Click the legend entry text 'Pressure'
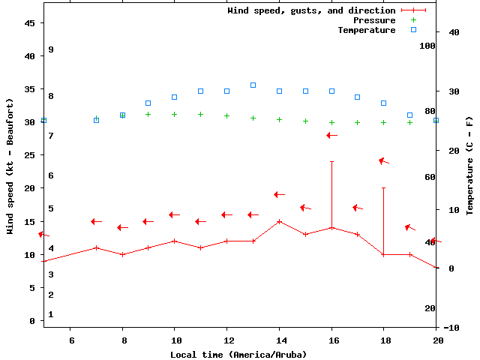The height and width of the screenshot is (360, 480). coord(373,20)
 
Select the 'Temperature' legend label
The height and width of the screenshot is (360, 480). coord(366,30)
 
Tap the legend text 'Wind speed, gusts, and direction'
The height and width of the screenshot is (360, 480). coord(311,10)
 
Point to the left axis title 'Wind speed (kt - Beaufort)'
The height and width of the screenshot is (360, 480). coord(10,166)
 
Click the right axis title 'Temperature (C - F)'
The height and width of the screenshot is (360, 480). coord(469,166)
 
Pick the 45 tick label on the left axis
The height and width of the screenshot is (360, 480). coord(30,23)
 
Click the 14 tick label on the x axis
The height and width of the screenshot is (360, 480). coord(279,340)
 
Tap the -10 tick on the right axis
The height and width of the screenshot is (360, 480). coord(451,328)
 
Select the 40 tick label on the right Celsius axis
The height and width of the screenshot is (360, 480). coord(454,32)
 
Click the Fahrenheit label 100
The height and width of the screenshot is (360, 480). coord(427,46)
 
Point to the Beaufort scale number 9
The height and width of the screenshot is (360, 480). coord(51,49)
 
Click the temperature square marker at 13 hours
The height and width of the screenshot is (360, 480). coord(253,85)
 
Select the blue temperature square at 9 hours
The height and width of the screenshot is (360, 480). coord(148,103)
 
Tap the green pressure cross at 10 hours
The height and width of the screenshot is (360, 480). coord(175,115)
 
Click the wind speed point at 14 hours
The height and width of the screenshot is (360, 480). coord(279,221)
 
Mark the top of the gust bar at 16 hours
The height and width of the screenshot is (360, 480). coord(331,161)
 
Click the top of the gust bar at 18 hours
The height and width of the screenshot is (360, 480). coord(383,187)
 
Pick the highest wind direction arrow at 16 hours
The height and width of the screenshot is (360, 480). coord(331,135)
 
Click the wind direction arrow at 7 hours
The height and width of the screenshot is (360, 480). coord(96,221)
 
